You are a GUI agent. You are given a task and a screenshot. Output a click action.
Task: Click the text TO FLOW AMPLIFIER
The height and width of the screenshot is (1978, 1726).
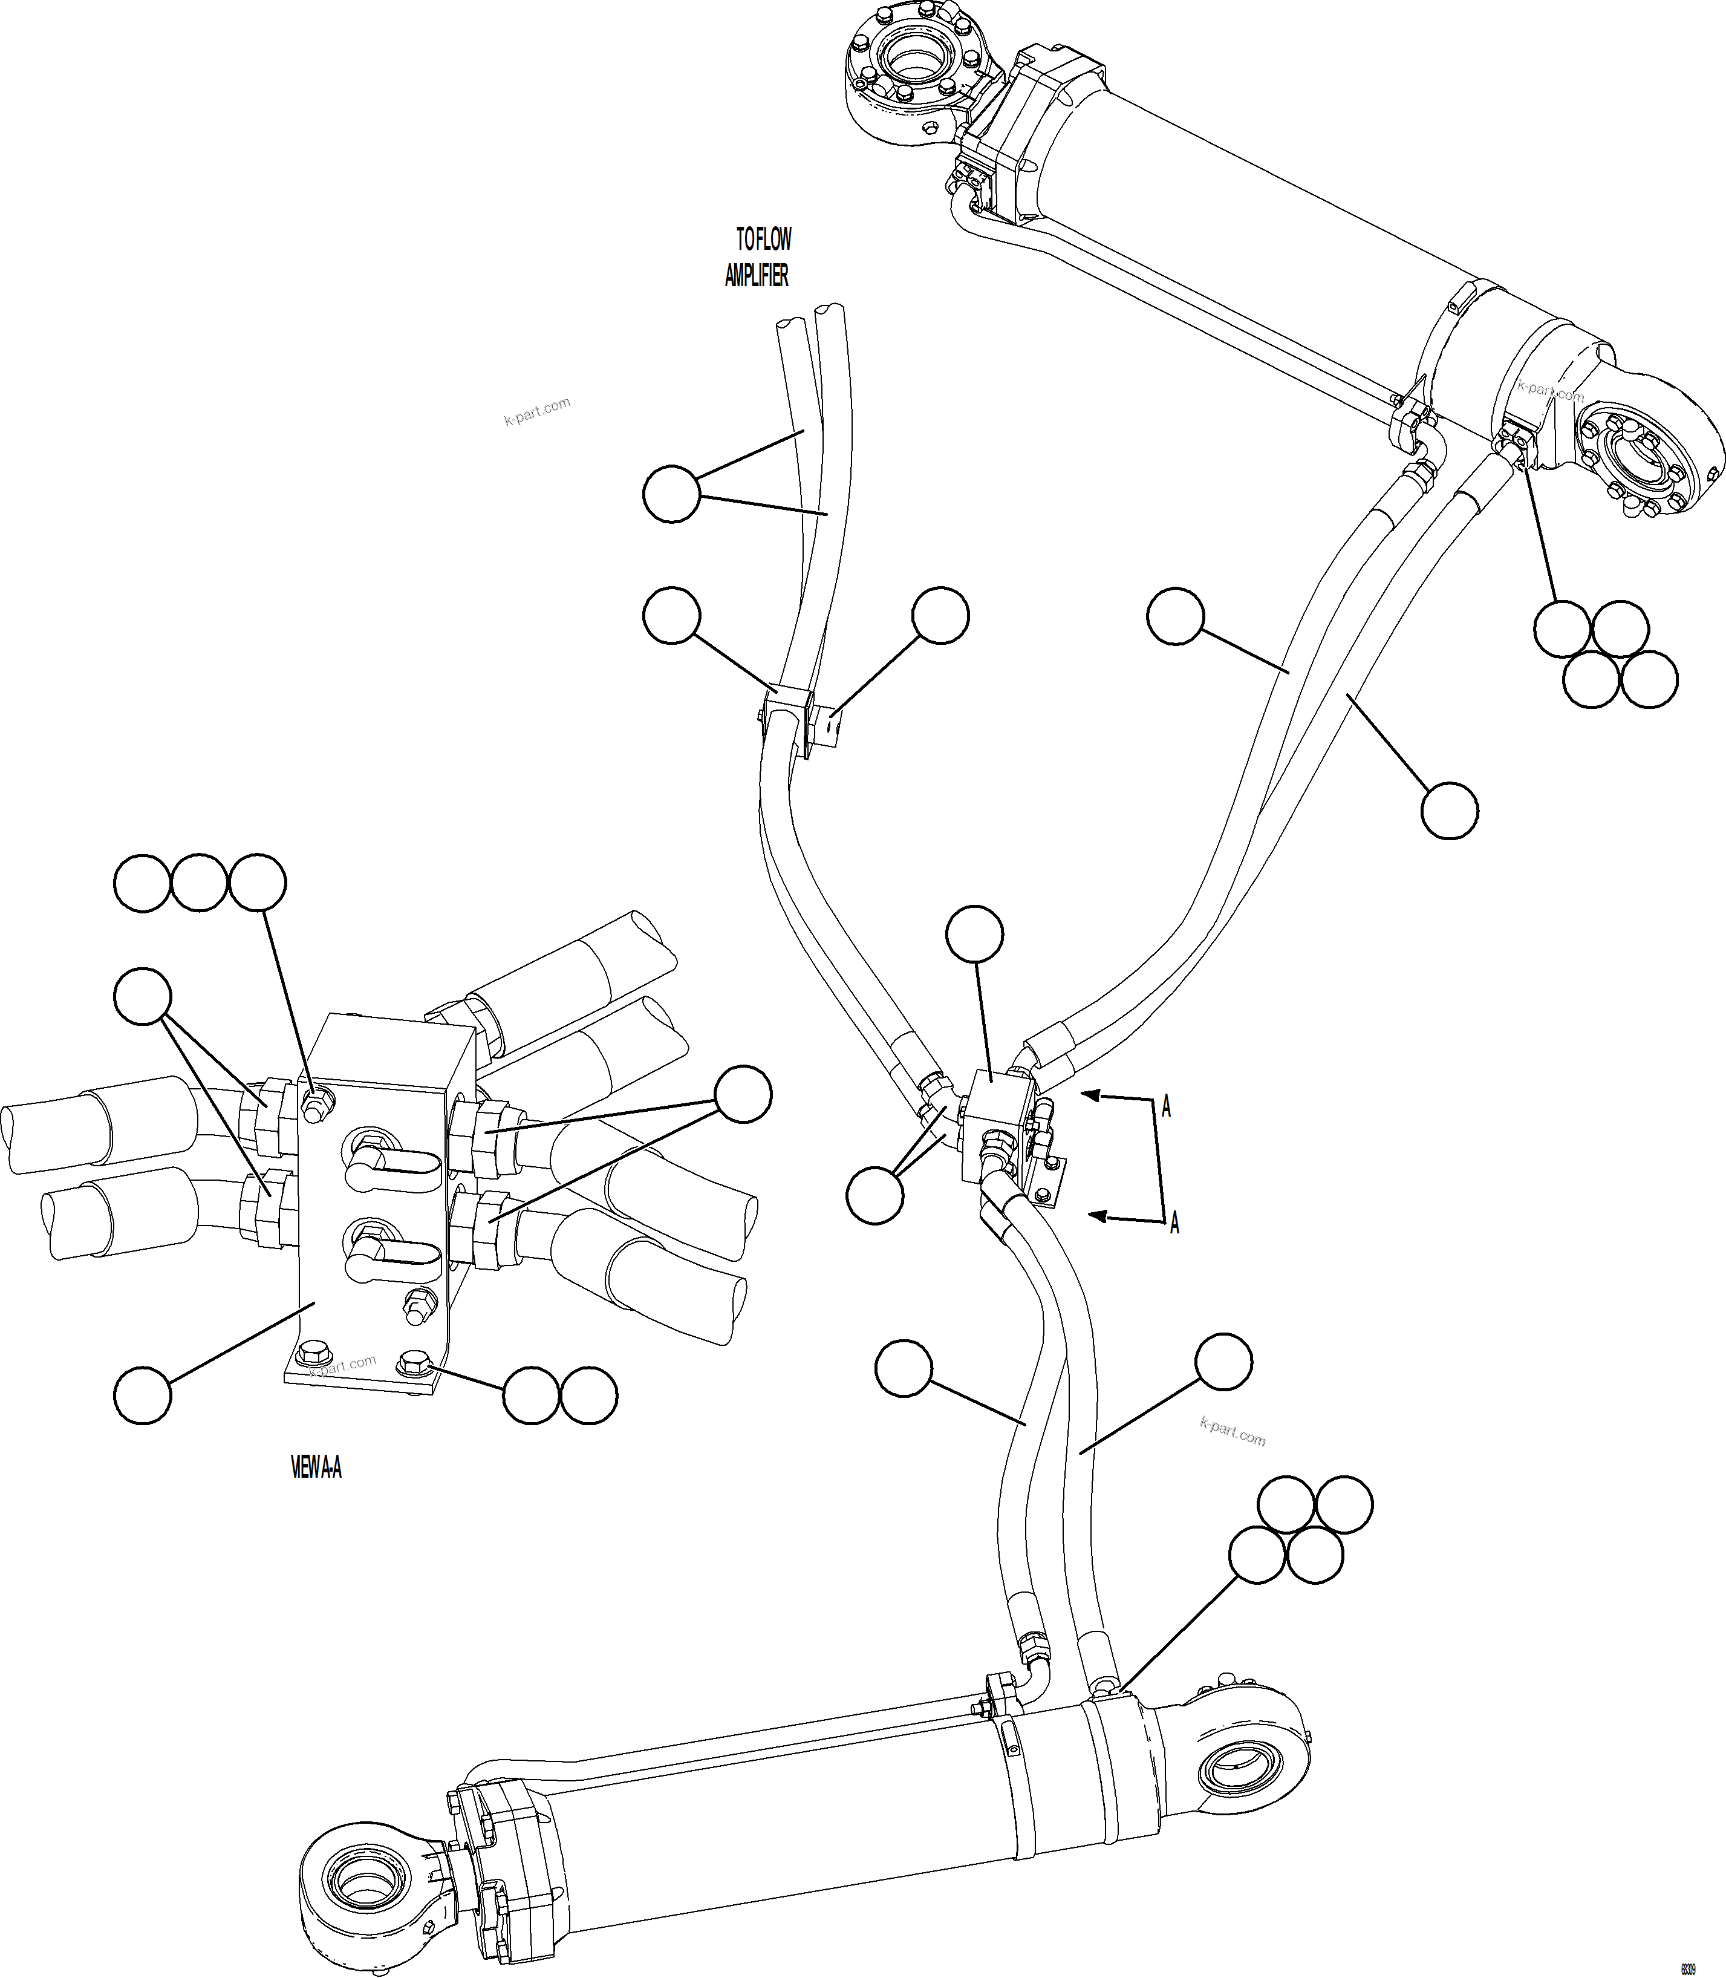[x=758, y=257]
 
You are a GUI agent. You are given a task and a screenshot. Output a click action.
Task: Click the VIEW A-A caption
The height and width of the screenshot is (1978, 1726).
[x=316, y=1467]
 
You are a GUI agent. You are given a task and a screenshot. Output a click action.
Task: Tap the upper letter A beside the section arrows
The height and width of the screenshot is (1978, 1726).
[x=1167, y=1107]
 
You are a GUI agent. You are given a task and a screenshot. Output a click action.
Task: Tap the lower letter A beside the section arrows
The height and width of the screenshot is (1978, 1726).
[x=1174, y=1224]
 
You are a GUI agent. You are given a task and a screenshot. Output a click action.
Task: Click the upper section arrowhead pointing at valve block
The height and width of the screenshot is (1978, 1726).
[x=1091, y=1094]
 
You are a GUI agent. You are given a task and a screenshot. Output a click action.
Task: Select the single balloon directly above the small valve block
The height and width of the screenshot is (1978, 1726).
[x=975, y=933]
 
